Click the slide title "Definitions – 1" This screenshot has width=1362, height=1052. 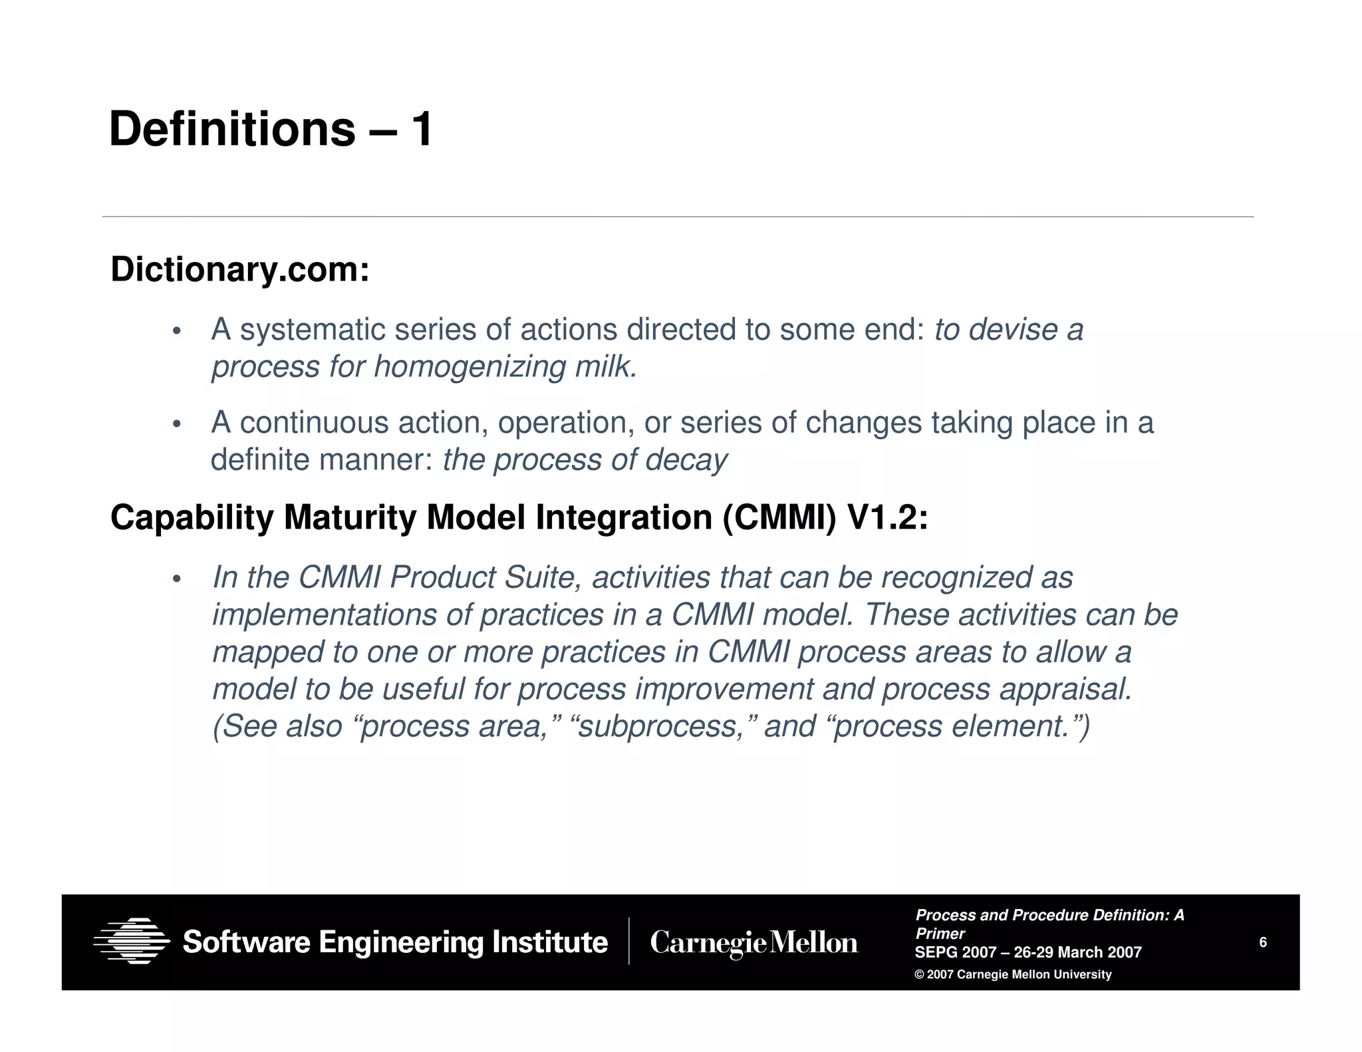[x=271, y=129]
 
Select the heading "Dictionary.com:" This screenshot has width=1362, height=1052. [x=239, y=270]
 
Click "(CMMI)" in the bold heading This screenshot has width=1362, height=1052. [x=779, y=518]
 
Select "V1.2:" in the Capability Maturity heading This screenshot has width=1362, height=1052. [x=888, y=518]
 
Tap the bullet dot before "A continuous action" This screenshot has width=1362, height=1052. [x=176, y=424]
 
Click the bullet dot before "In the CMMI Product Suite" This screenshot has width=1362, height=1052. [x=176, y=579]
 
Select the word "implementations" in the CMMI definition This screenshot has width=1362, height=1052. [x=324, y=615]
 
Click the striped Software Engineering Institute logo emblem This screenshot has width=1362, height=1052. [x=132, y=941]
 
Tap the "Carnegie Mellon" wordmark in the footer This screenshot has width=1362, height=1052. [x=753, y=943]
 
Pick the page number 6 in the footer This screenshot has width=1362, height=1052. [x=1263, y=942]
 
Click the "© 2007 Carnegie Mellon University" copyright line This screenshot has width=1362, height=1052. [x=1013, y=975]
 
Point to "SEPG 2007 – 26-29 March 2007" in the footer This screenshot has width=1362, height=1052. [x=1027, y=952]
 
